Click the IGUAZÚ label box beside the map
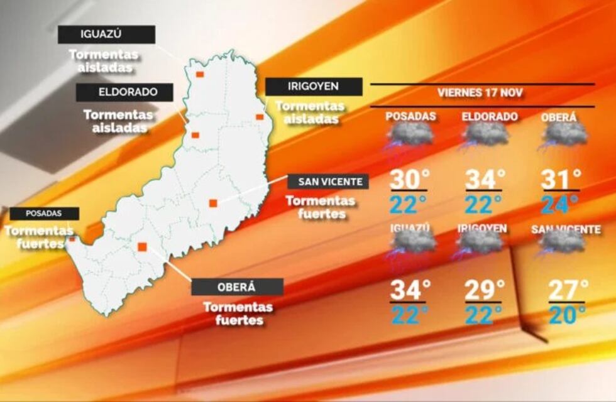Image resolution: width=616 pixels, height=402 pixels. point(106,35)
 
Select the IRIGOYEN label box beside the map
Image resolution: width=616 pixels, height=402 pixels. point(313,87)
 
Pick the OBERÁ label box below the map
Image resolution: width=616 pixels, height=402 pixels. point(237,287)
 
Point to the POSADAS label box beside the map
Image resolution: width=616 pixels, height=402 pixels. point(44,214)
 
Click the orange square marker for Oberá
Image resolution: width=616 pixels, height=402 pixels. point(143,247)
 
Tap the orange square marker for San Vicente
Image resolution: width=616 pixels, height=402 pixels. point(213,203)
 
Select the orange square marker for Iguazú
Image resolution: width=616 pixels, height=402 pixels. point(199,74)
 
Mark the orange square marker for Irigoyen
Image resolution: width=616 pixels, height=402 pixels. point(259,116)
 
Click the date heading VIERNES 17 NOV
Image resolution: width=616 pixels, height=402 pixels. point(482,93)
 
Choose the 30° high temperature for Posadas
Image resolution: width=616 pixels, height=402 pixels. point(409,179)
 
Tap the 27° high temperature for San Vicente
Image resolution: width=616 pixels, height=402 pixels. point(568,290)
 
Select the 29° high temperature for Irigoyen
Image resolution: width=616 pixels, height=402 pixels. point(484,290)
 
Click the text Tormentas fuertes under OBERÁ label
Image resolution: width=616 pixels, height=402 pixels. point(237,313)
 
